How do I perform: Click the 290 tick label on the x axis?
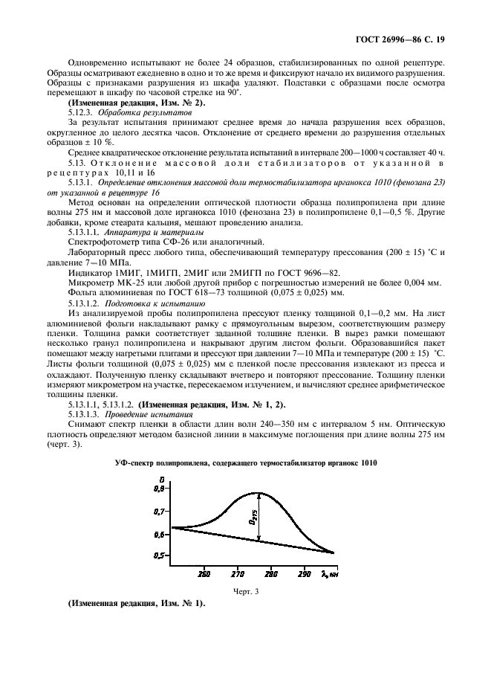305,574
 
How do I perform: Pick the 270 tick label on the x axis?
237,574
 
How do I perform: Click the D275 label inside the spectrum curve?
253,518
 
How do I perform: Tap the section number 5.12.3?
82,111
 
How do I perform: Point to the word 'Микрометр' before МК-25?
92,283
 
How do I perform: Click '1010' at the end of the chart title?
367,463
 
